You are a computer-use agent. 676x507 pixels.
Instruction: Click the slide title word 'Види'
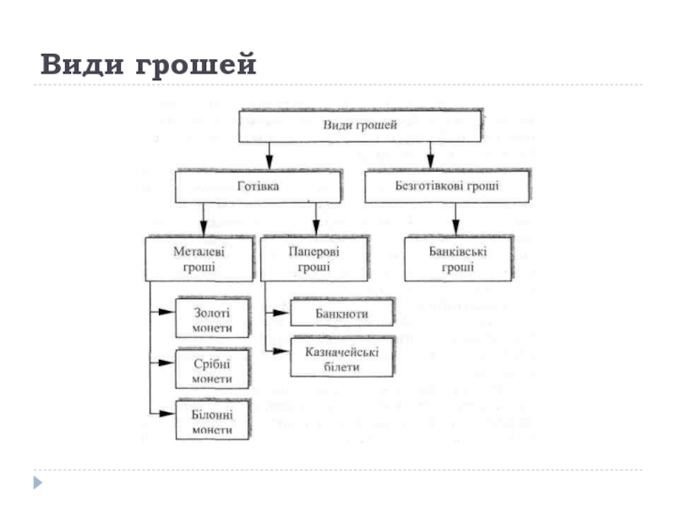[x=82, y=64]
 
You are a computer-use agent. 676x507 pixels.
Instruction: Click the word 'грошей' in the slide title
[x=196, y=65]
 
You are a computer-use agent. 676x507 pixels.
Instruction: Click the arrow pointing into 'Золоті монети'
[x=162, y=312]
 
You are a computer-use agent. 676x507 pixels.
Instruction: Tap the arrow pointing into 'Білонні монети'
[x=162, y=414]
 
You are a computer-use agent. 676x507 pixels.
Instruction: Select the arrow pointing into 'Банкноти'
[x=278, y=313]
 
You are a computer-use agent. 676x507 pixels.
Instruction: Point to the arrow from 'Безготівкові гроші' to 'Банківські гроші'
[x=455, y=220]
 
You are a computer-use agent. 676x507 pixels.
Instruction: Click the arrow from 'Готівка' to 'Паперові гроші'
[x=316, y=220]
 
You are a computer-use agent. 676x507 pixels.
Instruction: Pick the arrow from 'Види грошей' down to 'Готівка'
[x=269, y=156]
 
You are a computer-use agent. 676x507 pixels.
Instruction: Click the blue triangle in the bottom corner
[x=38, y=482]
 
